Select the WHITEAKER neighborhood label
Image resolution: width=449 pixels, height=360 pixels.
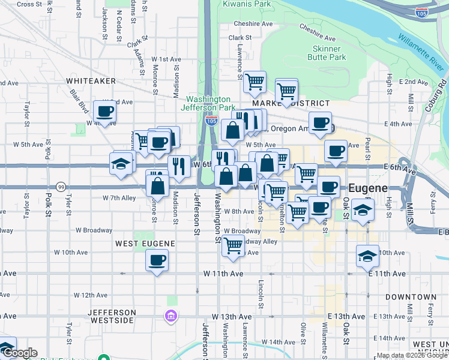pos(91,80)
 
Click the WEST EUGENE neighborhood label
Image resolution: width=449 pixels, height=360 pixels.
pos(145,244)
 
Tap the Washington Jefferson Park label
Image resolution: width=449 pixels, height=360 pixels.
pos(208,103)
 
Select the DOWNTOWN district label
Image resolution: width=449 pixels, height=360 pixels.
pos(411,297)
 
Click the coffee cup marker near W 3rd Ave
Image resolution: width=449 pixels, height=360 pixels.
pos(104,111)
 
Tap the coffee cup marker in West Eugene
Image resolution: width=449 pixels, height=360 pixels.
pos(157,260)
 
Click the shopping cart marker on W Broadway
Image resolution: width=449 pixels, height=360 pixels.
pos(233,245)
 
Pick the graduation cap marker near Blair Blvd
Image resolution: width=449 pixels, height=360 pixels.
pos(121,163)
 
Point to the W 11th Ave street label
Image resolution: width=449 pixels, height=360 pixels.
pos(223,274)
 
